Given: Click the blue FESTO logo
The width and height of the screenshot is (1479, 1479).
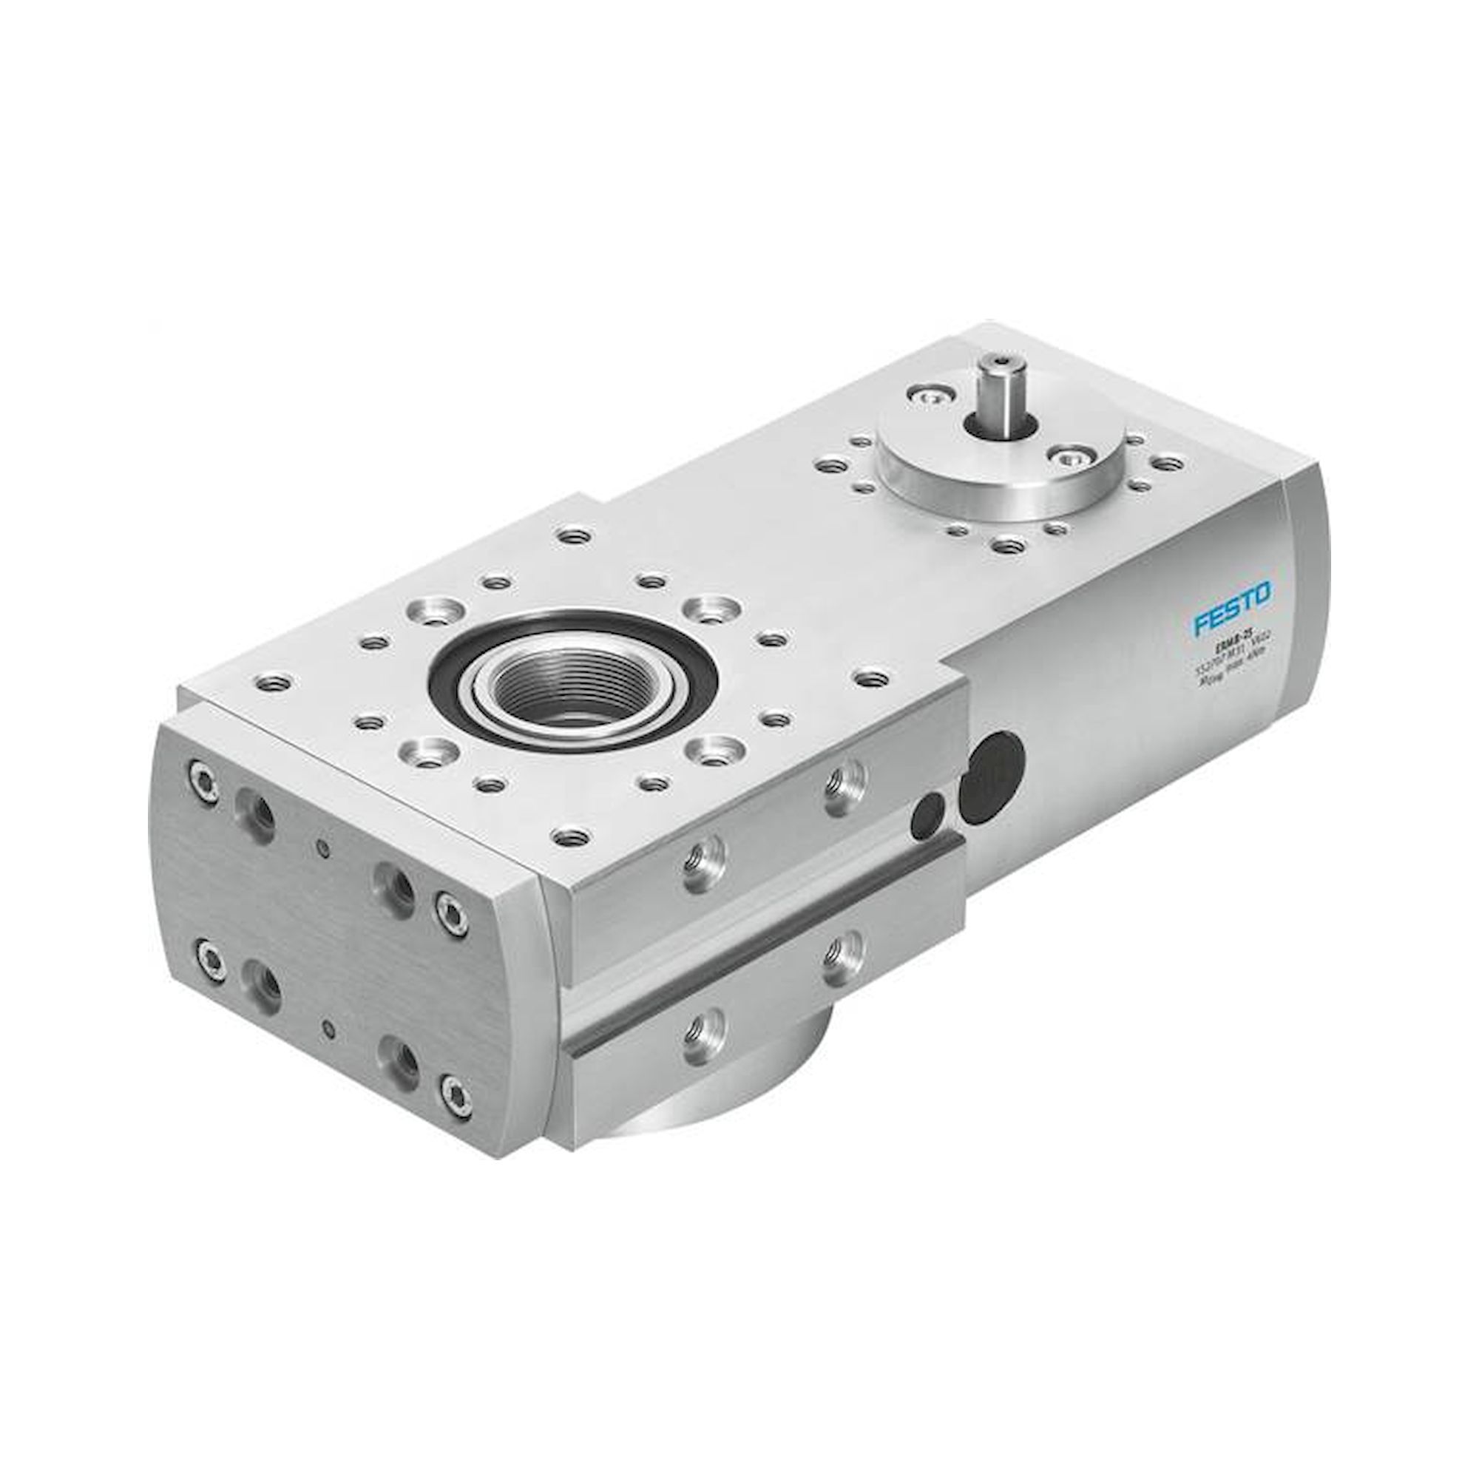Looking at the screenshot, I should [x=1232, y=607].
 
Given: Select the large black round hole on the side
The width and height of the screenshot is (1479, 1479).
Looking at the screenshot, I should [x=991, y=777].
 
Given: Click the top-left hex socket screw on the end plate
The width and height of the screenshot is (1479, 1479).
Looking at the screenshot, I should [x=204, y=780].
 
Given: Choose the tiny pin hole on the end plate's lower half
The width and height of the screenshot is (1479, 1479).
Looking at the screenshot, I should [x=329, y=1029].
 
